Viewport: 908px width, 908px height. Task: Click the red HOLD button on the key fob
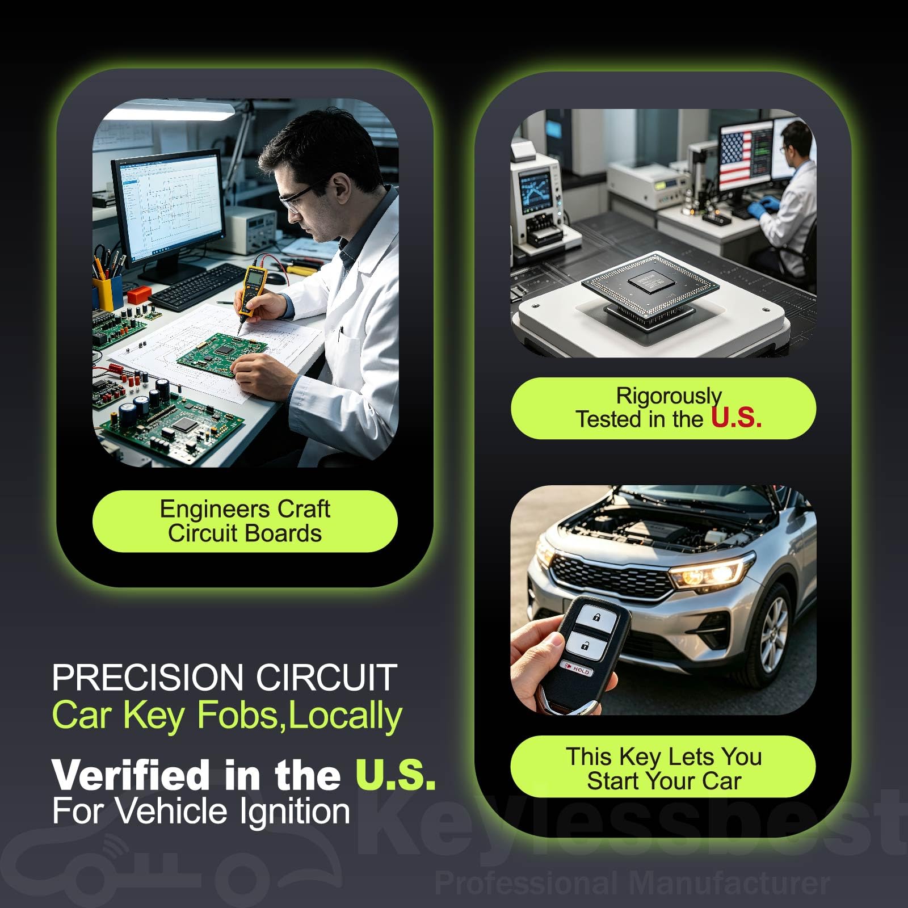click(577, 669)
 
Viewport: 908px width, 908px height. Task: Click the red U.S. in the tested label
click(736, 418)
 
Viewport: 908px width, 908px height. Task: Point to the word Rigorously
click(669, 396)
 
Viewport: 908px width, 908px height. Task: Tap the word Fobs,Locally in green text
click(300, 716)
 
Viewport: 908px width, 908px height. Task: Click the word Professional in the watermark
click(526, 883)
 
